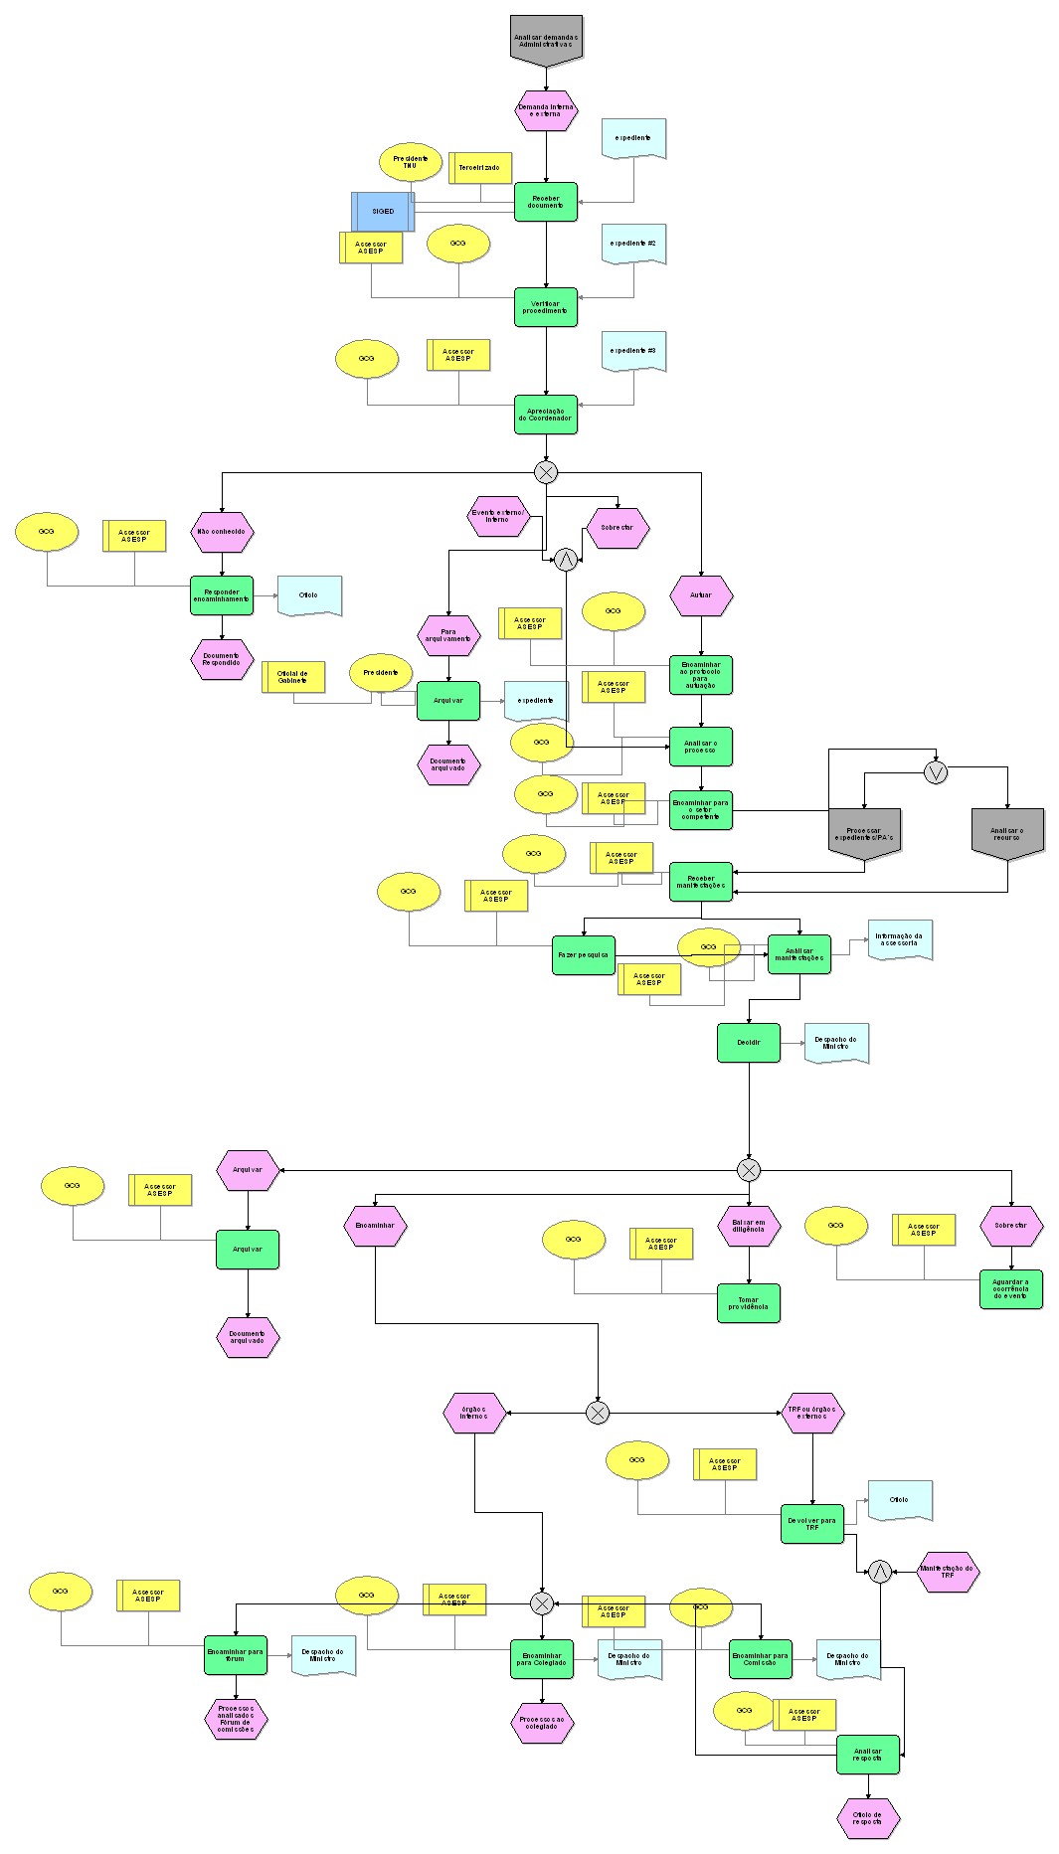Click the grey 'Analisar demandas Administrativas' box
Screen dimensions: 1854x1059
pyautogui.click(x=546, y=40)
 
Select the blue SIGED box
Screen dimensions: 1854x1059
pyautogui.click(x=383, y=212)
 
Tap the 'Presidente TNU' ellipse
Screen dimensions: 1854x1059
pyautogui.click(x=411, y=161)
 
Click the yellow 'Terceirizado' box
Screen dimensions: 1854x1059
pyautogui.click(x=480, y=168)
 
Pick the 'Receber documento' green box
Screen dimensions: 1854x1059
pyautogui.click(x=546, y=202)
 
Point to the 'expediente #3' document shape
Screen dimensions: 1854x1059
pyautogui.click(x=633, y=351)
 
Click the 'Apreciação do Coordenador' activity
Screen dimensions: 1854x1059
pyautogui.click(x=546, y=415)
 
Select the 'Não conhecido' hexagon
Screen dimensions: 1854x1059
pyautogui.click(x=222, y=532)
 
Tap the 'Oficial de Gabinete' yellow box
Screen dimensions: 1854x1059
pyautogui.click(x=293, y=677)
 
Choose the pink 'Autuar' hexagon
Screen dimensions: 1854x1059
pyautogui.click(x=701, y=595)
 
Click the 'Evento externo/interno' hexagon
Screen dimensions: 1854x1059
pyautogui.click(x=497, y=516)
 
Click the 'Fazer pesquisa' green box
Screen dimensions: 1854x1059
pyautogui.click(x=584, y=954)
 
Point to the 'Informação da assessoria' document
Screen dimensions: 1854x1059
pyautogui.click(x=900, y=938)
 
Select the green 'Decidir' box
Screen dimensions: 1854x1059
pyautogui.click(x=749, y=1043)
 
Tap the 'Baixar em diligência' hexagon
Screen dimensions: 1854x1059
pyautogui.click(x=749, y=1226)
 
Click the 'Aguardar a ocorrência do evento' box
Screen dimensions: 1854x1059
pyautogui.click(x=1011, y=1289)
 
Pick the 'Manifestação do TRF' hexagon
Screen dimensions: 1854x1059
pyautogui.click(x=948, y=1572)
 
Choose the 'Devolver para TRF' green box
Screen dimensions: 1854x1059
pyautogui.click(x=812, y=1524)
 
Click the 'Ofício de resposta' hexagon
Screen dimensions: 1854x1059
pyautogui.click(x=868, y=1818)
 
